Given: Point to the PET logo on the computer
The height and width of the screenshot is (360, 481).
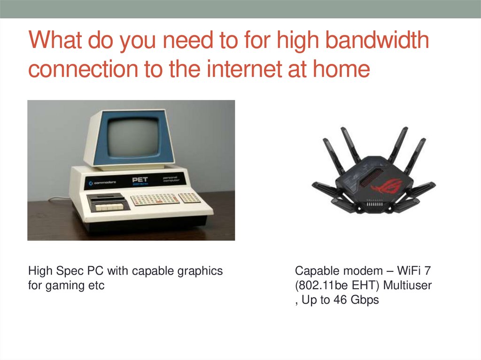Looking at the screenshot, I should [140, 180].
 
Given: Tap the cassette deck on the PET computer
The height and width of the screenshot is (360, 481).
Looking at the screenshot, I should [108, 203].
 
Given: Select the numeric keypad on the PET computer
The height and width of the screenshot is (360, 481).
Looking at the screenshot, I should [190, 198].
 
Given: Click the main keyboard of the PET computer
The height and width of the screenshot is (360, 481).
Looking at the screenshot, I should [154, 199].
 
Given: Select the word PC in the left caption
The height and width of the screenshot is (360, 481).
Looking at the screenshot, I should [96, 271].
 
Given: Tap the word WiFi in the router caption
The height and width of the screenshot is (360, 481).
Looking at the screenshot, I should [406, 271].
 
